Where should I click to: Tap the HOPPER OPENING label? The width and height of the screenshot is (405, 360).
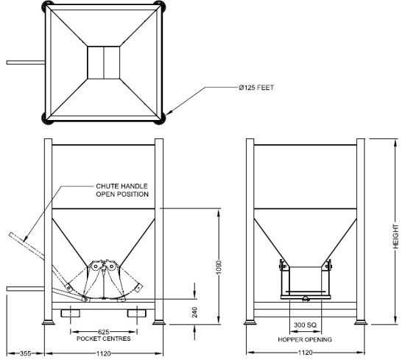point(303,339)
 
